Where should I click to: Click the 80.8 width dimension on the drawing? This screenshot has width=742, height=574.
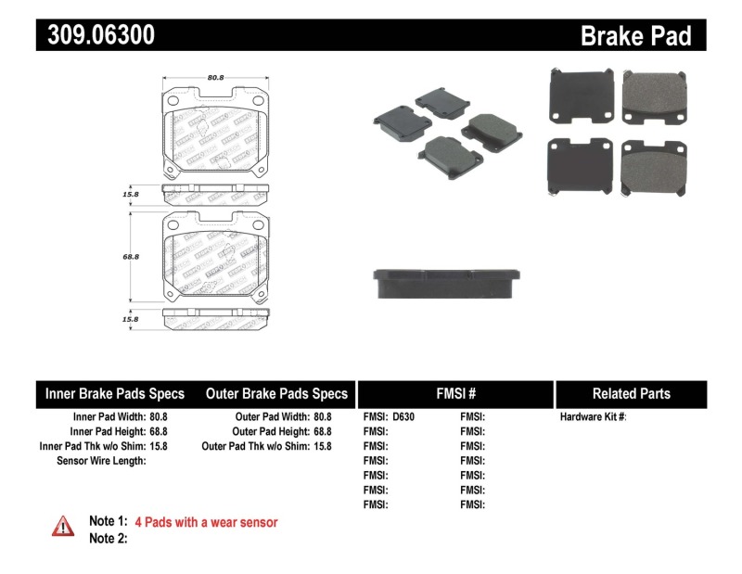click(x=215, y=78)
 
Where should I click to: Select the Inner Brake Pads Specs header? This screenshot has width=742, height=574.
click(x=115, y=394)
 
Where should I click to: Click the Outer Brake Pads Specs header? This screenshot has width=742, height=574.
click(x=276, y=394)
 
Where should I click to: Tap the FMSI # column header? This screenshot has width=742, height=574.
click(x=454, y=394)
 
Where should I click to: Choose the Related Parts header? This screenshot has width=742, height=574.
click(x=631, y=394)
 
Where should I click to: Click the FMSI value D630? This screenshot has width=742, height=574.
click(x=403, y=417)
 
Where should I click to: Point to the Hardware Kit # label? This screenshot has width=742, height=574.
click(x=593, y=417)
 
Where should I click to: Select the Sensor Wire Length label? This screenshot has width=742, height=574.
click(x=101, y=461)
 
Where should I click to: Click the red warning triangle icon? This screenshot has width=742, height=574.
click(x=62, y=526)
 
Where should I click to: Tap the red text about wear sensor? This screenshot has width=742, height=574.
click(x=206, y=522)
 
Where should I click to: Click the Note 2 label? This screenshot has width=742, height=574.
click(x=108, y=539)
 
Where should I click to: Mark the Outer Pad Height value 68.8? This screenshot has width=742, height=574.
click(x=323, y=432)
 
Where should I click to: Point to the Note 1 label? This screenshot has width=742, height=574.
click(x=108, y=522)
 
